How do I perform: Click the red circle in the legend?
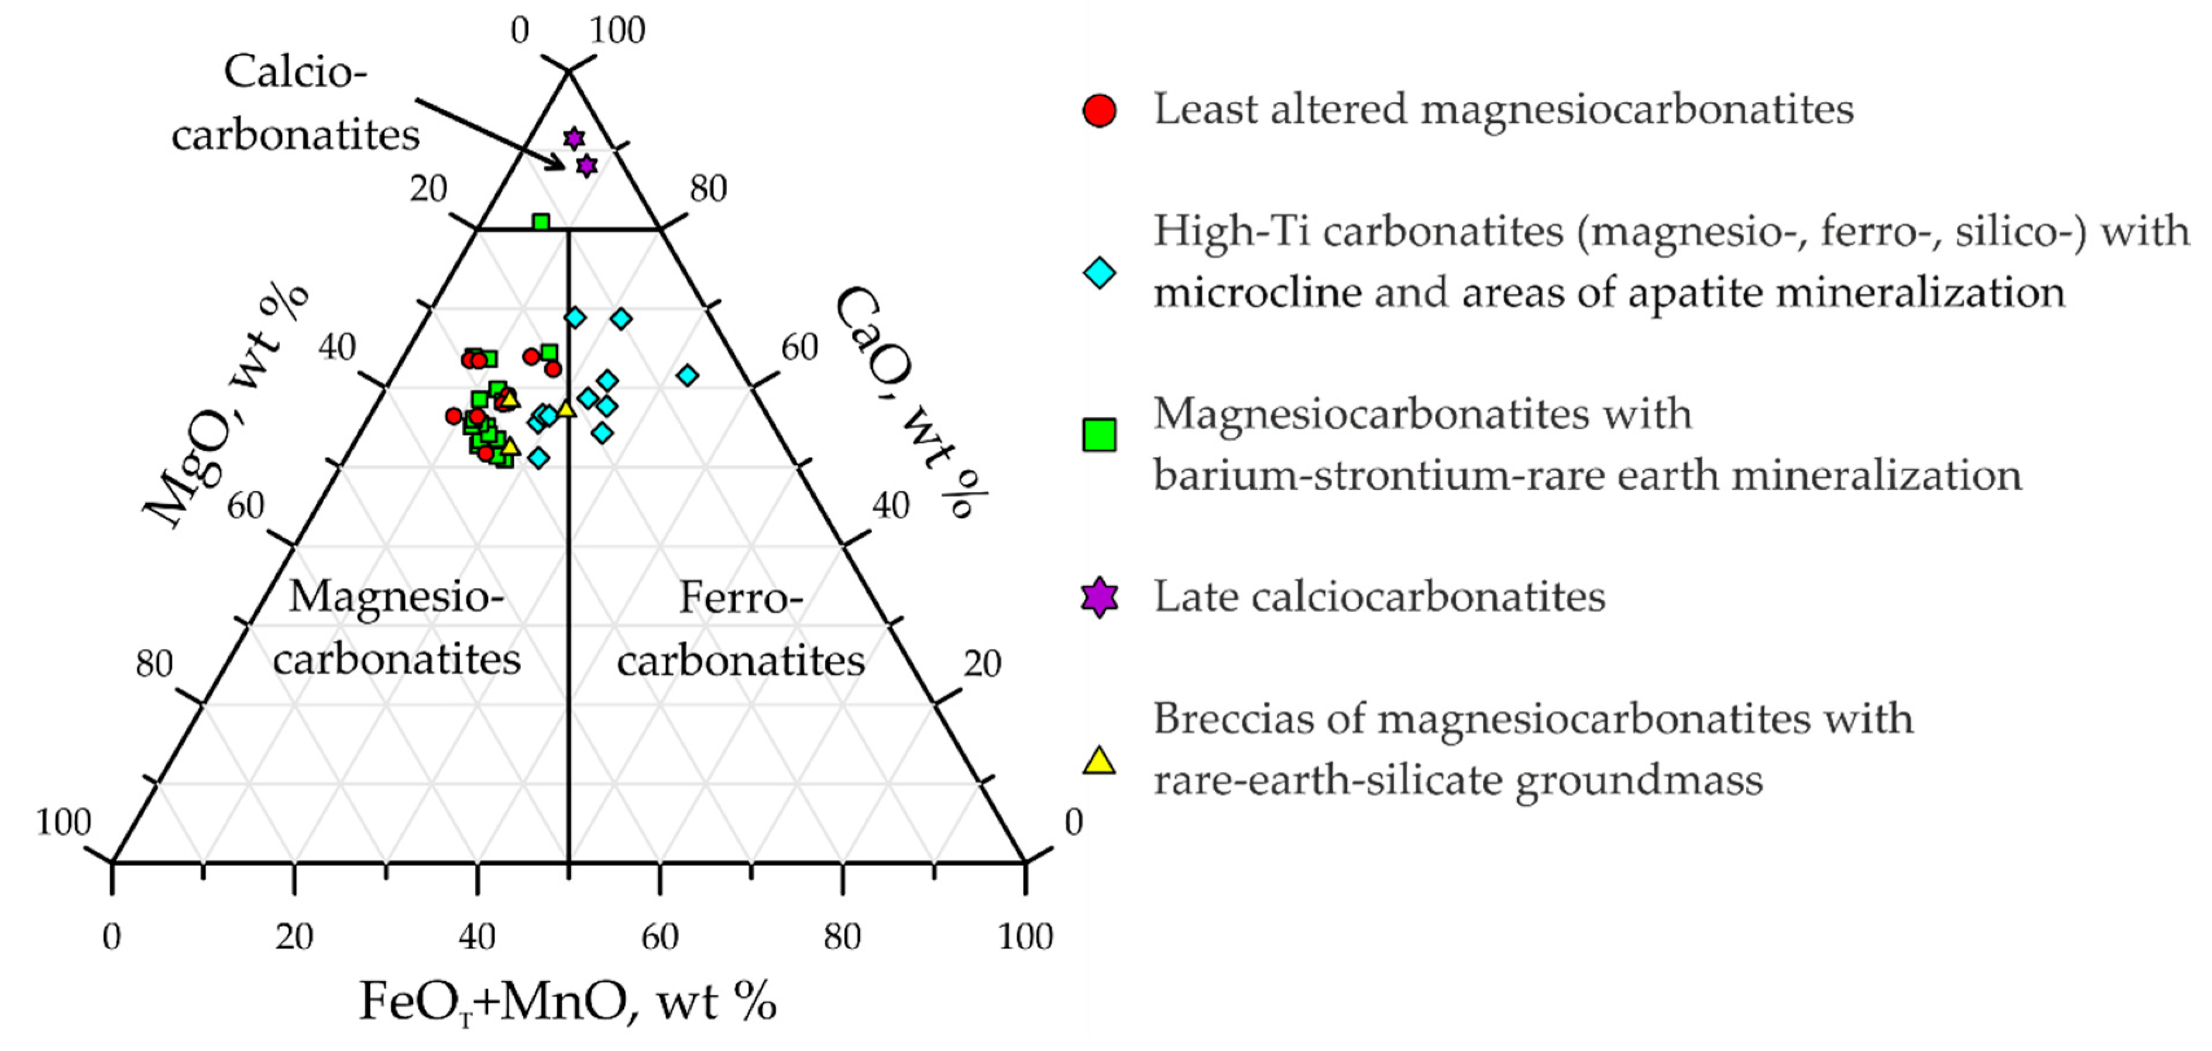point(1099,111)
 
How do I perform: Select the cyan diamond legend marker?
point(1099,273)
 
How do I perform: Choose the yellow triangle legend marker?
point(1099,761)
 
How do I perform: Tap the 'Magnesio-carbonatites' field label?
point(397,628)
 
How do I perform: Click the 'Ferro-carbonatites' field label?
point(740,628)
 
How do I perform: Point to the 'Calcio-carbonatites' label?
point(296,103)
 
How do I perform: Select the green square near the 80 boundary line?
point(540,222)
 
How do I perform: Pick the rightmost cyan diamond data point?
point(687,375)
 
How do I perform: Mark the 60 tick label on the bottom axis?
point(660,936)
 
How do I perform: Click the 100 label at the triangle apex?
point(617,31)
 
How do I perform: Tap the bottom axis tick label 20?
point(294,936)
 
